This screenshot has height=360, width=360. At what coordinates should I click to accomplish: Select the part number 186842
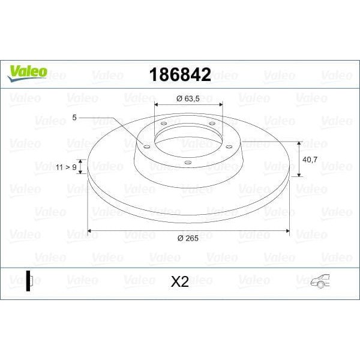pos(179,75)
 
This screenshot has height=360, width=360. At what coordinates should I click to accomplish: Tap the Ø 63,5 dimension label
pos(188,98)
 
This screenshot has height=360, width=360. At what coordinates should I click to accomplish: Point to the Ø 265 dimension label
pos(188,238)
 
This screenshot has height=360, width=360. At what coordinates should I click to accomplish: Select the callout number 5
pos(74,118)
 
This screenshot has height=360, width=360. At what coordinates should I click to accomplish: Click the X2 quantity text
pos(179,281)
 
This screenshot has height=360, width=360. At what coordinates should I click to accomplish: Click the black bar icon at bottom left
pos(28,281)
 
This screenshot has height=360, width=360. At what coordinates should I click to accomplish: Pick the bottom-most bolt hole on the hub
pos(187,162)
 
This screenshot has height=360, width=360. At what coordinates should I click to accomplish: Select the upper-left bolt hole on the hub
pos(164,124)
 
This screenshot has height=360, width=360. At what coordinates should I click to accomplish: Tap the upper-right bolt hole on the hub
pos(211,124)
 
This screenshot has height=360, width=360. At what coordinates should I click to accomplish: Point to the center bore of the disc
pos(188,137)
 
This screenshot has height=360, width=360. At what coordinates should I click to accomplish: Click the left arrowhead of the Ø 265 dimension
pos(90,230)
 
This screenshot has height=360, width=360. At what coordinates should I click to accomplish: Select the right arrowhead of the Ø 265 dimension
pos(287,230)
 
